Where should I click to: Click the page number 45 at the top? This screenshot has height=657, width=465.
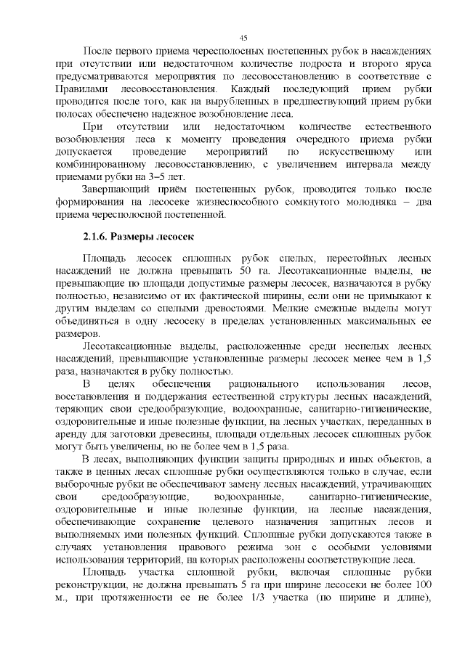point(243,38)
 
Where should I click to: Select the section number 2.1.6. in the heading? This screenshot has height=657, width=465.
point(98,236)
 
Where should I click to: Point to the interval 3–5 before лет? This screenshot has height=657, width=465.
point(155,176)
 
